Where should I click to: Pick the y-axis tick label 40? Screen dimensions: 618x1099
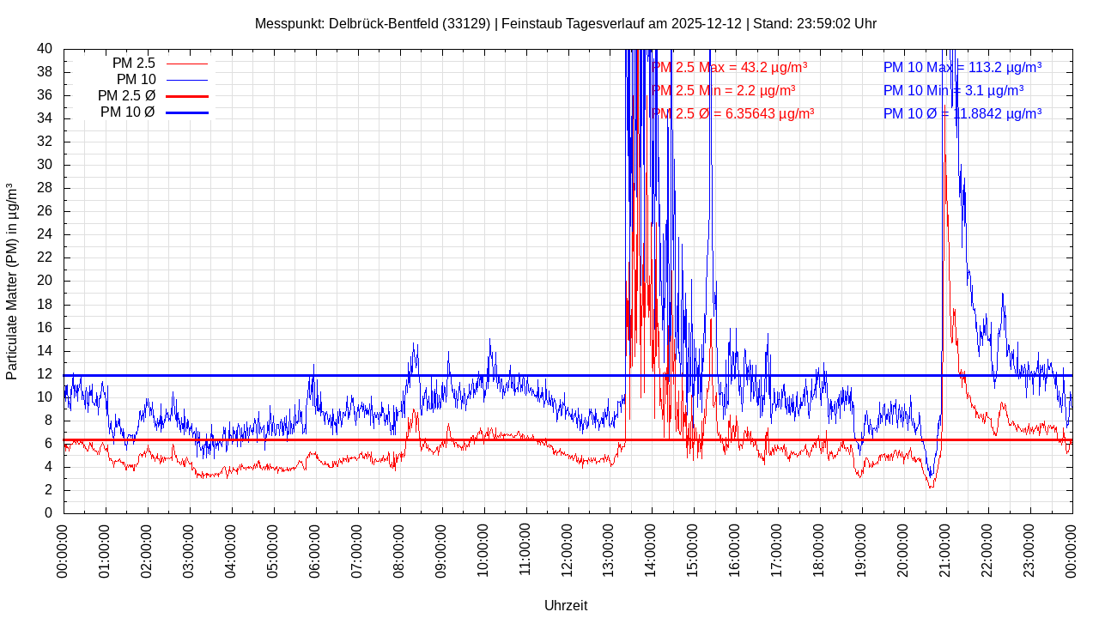[44, 49]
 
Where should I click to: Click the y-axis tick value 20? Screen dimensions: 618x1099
[44, 281]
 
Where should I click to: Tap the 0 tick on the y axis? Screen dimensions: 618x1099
[48, 513]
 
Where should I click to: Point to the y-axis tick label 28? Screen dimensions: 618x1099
[44, 188]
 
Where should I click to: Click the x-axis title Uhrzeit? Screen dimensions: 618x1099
[566, 605]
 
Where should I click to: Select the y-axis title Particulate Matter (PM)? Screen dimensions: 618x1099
[12, 281]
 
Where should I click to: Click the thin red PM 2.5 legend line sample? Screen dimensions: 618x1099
[186, 64]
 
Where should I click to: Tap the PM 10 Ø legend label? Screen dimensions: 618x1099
[127, 112]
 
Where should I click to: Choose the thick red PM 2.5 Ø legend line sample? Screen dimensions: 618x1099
[186, 96]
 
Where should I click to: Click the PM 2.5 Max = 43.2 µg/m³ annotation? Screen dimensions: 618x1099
[729, 67]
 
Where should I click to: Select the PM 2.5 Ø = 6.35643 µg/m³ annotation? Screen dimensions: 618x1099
[732, 113]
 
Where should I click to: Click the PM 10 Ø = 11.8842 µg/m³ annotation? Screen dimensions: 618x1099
[962, 113]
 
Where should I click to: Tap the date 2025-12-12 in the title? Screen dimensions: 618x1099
[707, 23]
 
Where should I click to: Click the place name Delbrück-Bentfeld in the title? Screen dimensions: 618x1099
[383, 23]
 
